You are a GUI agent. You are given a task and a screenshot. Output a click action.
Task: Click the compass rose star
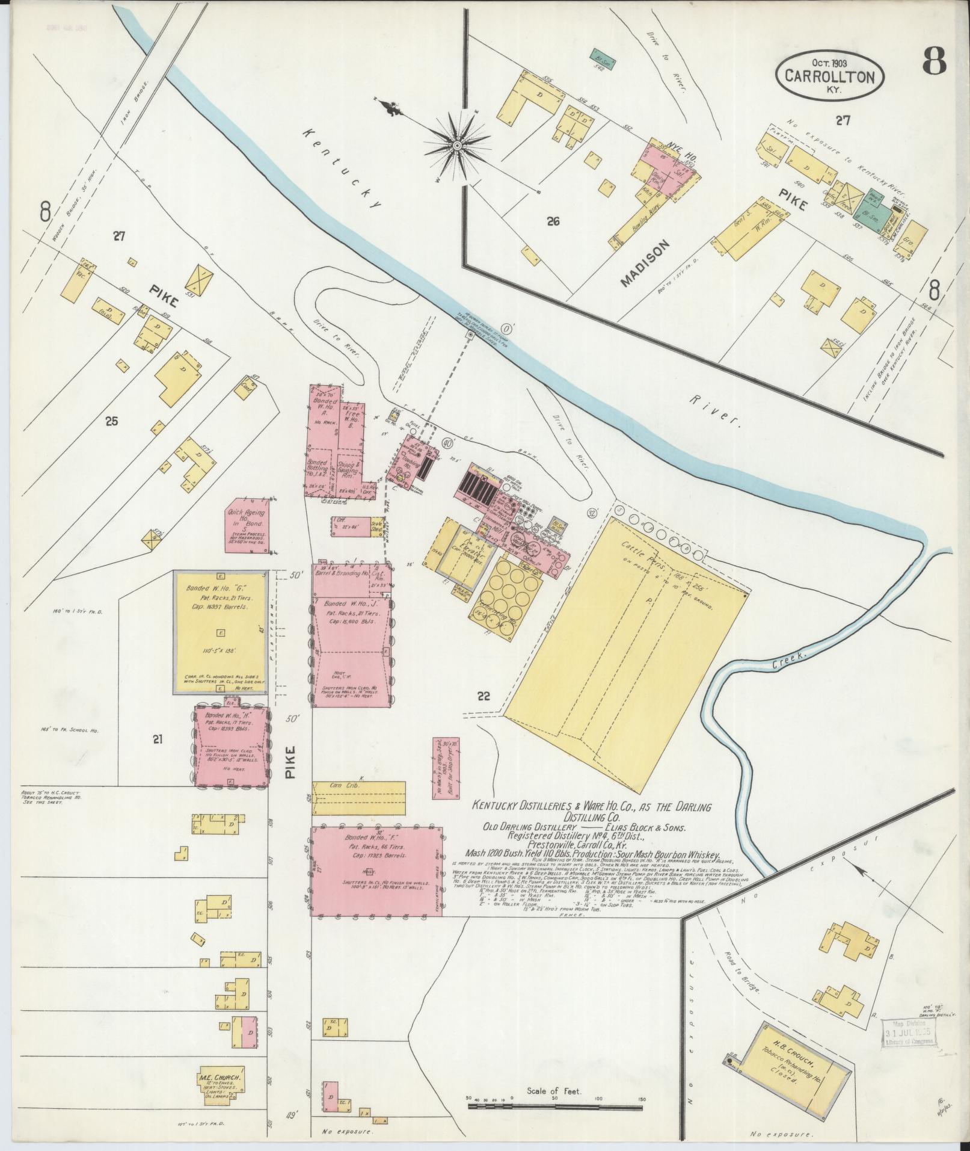point(457,145)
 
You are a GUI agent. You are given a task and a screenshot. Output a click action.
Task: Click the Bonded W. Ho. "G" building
point(219,632)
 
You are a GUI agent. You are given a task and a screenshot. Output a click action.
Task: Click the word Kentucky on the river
point(343,168)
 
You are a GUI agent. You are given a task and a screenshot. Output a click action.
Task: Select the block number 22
point(483,696)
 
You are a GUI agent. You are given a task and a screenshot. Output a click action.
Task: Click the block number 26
point(553,221)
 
